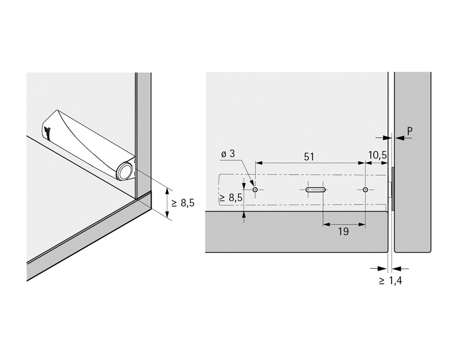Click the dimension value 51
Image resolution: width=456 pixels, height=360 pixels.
(x=309, y=157)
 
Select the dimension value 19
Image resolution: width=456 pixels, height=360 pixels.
(x=343, y=232)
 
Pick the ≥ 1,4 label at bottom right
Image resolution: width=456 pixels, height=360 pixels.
(x=390, y=280)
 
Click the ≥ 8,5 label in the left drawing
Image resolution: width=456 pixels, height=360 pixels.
(x=183, y=203)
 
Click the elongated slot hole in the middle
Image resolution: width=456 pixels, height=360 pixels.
(x=315, y=190)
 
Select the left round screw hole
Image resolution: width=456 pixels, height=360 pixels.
(x=255, y=190)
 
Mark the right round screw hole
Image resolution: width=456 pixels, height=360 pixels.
(x=365, y=190)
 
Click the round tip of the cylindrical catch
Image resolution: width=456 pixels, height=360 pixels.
(x=123, y=172)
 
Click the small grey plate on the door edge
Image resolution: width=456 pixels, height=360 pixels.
(x=393, y=189)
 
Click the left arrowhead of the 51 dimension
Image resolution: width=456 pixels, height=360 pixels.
(x=258, y=163)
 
